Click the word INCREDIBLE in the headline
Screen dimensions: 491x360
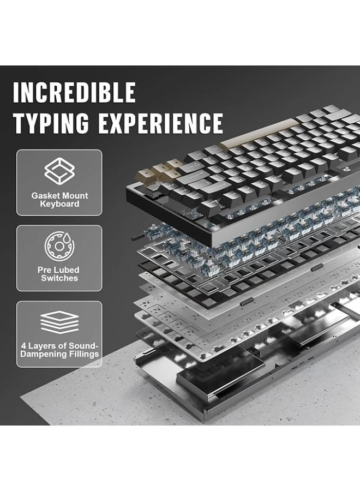[x=74, y=92]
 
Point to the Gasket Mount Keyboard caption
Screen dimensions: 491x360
[x=59, y=200]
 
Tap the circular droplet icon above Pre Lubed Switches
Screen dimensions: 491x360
[x=59, y=245]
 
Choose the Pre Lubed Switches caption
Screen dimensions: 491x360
[x=59, y=274]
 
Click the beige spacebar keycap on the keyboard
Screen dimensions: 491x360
[x=259, y=136]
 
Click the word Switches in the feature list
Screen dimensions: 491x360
[x=59, y=278]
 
